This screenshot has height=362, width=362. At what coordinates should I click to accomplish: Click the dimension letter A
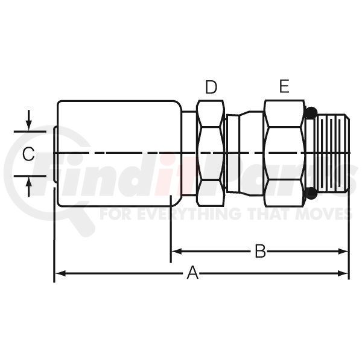click(x=192, y=273)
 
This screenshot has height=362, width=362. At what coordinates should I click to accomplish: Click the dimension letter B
click(x=260, y=251)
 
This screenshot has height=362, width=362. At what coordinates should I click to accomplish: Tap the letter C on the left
click(x=28, y=154)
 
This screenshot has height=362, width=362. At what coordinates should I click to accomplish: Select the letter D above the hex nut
click(x=211, y=87)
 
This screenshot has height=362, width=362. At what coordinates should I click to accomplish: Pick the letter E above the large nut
click(x=284, y=86)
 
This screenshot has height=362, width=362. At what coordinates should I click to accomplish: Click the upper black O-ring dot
click(x=311, y=113)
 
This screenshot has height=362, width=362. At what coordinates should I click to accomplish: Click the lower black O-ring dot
click(x=311, y=193)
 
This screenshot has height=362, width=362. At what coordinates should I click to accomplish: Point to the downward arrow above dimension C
click(x=28, y=120)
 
